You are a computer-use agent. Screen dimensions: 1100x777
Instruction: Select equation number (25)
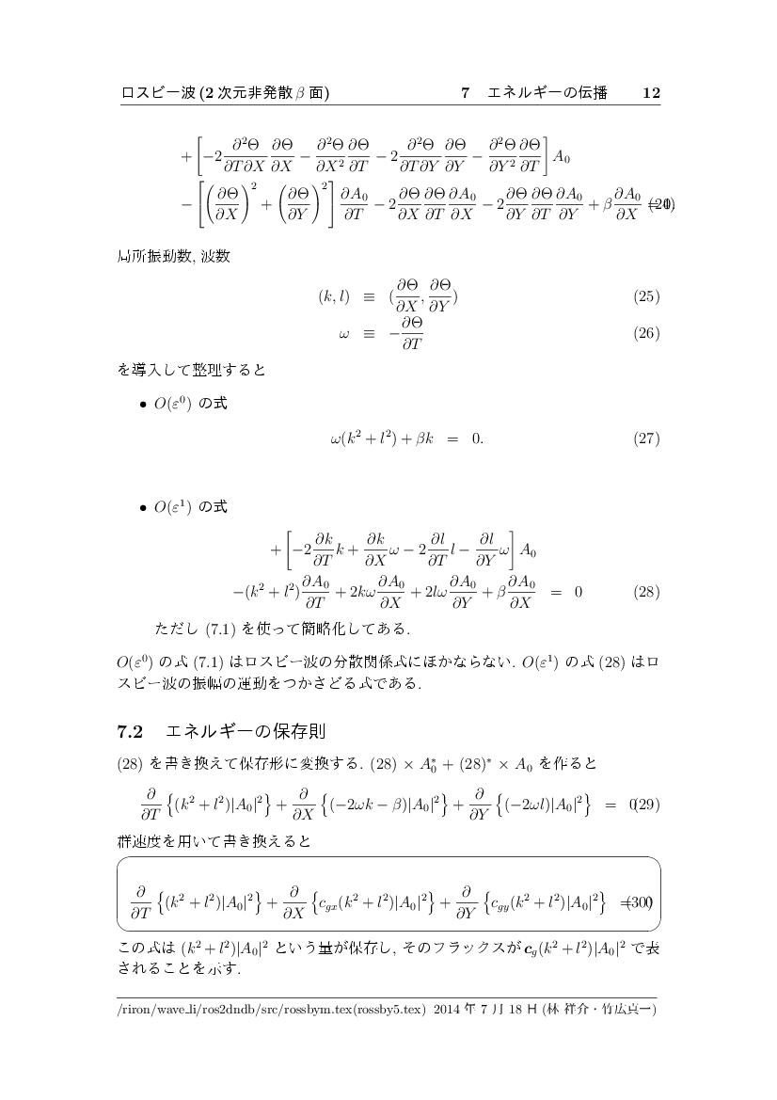pyautogui.click(x=645, y=297)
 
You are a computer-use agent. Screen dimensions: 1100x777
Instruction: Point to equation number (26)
pyautogui.click(x=645, y=333)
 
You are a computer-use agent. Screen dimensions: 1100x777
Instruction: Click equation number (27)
pyautogui.click(x=645, y=438)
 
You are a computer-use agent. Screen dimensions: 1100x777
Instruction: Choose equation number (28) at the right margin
pyautogui.click(x=645, y=592)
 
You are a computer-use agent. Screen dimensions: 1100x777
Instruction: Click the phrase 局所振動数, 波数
pyautogui.click(x=166, y=256)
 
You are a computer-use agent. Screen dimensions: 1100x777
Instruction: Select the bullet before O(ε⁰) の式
pyautogui.click(x=142, y=405)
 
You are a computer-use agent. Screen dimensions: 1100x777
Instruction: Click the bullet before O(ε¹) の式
pyautogui.click(x=142, y=507)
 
